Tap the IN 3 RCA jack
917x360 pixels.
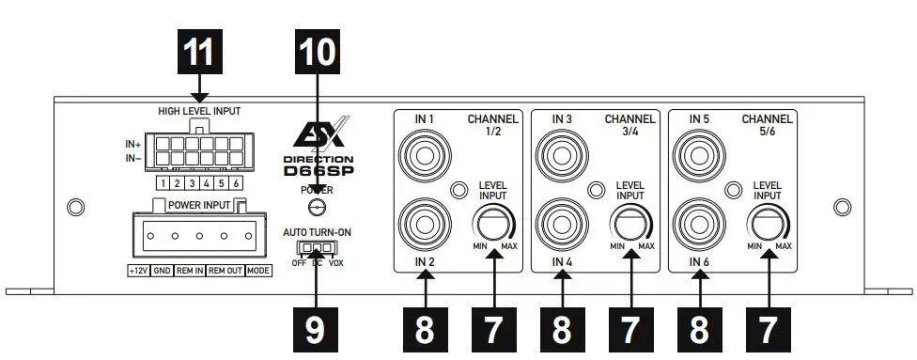coord(561,153)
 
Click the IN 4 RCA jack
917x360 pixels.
coord(561,224)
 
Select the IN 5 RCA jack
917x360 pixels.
coord(699,153)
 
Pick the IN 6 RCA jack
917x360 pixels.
coord(699,224)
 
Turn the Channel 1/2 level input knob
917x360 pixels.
coord(493,226)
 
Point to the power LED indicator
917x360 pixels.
coord(317,208)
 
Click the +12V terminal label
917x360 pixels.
coord(138,271)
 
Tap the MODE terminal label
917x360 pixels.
coord(258,271)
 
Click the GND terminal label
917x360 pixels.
coord(162,271)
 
